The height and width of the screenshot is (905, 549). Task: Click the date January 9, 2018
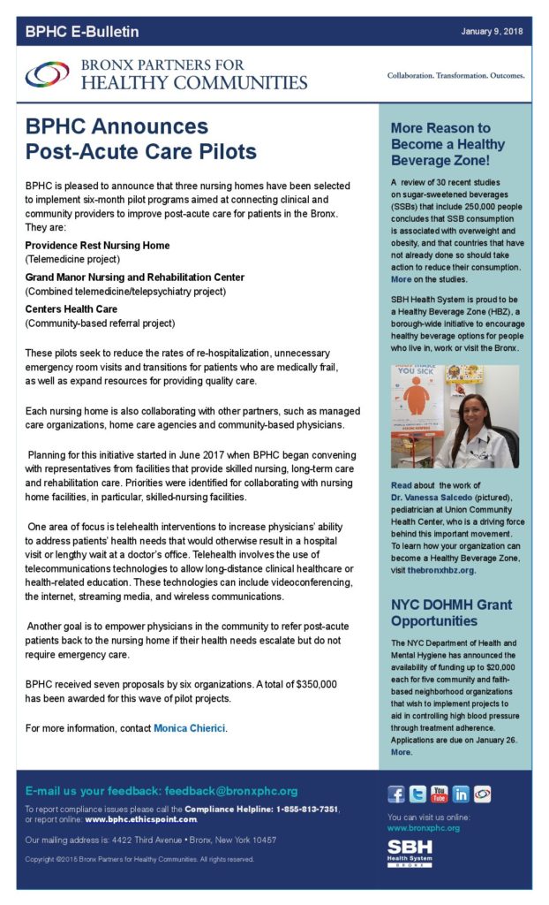[x=492, y=31]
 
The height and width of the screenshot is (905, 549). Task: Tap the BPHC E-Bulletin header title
[x=82, y=32]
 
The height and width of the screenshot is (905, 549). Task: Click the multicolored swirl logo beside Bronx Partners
[x=47, y=75]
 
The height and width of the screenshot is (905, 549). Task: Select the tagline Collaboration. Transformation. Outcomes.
[x=455, y=75]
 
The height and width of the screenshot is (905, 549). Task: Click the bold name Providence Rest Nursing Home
[x=97, y=245]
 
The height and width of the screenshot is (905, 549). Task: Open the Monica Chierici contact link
[x=190, y=728]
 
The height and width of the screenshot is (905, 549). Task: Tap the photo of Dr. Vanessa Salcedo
[x=455, y=416]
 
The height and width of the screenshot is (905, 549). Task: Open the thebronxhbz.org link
[x=441, y=570]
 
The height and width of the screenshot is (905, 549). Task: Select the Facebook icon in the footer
[x=396, y=794]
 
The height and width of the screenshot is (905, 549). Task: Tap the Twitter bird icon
[x=417, y=794]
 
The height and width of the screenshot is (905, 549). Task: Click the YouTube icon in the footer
[x=439, y=794]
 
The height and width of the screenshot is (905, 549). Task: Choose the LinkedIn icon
[x=460, y=794]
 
